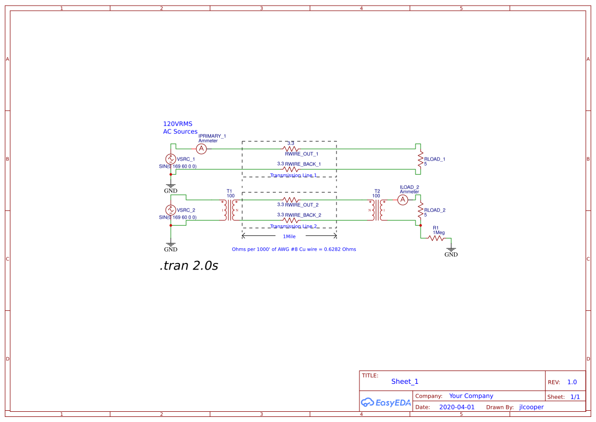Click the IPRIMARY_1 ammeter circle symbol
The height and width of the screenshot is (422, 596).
click(x=201, y=149)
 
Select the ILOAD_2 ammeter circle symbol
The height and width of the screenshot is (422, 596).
click(x=402, y=200)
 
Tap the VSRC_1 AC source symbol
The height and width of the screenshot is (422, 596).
click(x=171, y=159)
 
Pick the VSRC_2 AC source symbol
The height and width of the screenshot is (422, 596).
click(x=171, y=210)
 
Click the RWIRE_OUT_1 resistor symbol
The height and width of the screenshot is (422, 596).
click(x=290, y=149)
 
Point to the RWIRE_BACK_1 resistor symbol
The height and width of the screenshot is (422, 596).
click(x=290, y=169)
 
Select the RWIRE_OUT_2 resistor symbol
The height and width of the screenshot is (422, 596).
click(x=290, y=200)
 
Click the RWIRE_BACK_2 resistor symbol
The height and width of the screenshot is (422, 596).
click(x=290, y=220)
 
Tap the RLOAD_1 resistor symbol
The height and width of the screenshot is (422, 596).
click(x=420, y=159)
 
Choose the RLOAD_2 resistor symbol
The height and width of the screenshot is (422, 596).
click(x=420, y=210)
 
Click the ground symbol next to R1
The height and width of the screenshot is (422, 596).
click(x=451, y=250)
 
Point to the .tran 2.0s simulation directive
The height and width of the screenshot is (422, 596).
click(x=189, y=266)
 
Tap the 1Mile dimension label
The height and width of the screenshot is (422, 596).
click(x=289, y=236)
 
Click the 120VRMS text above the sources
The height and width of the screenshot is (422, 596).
click(x=177, y=124)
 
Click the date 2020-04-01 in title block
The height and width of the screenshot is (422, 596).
click(x=457, y=407)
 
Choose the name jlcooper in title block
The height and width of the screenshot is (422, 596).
click(x=531, y=407)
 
